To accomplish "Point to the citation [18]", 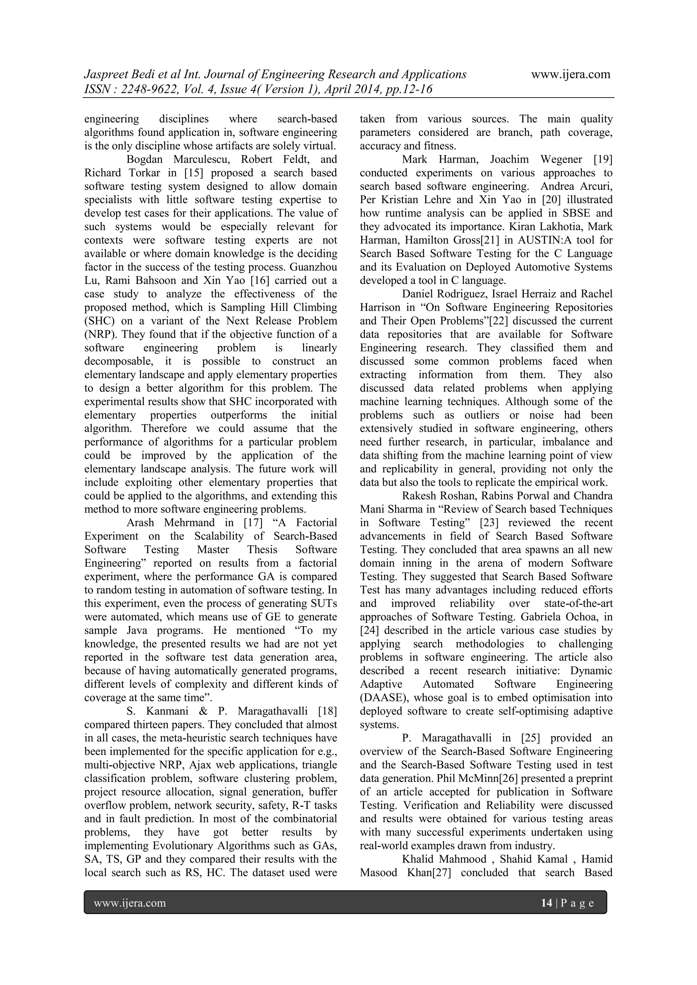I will (327, 711).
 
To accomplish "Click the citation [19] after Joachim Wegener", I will (603, 160).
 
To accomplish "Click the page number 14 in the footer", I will (546, 903).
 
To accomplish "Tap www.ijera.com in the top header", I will (570, 74).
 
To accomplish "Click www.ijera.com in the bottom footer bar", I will (130, 903).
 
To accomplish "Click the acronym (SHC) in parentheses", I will (100, 321).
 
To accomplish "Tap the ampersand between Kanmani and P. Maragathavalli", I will (204, 711).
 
